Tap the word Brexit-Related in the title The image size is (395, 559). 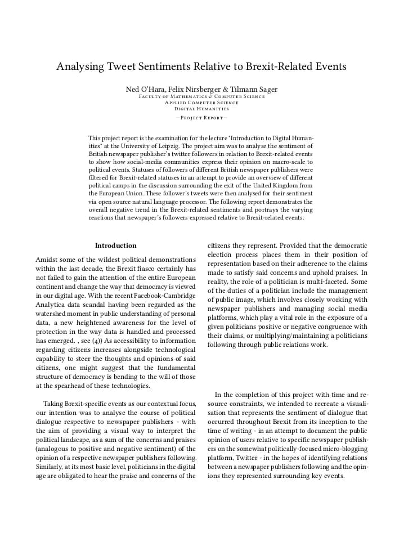tap(272, 67)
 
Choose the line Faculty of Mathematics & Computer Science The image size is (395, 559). tap(201, 97)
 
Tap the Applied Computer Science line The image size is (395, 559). tap(201, 102)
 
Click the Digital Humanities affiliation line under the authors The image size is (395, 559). tap(201, 109)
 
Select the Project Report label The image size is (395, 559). tap(201, 118)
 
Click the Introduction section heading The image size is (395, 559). tap(115, 245)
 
